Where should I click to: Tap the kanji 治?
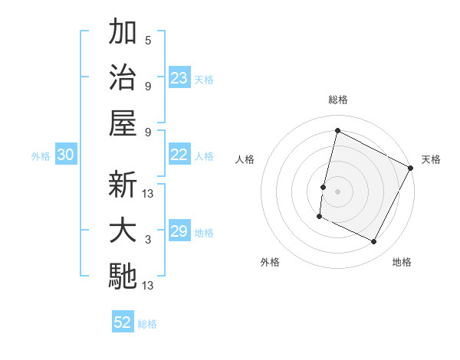click(x=123, y=77)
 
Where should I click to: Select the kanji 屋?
click(x=123, y=122)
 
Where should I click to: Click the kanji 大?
click(x=123, y=231)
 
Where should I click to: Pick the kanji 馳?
click(x=123, y=276)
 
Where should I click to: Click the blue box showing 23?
click(x=179, y=77)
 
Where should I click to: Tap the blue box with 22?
click(x=179, y=155)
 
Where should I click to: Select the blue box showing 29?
click(x=179, y=231)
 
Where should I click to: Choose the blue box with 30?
click(x=65, y=155)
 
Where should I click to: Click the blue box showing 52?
click(x=123, y=322)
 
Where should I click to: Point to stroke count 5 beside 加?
click(x=147, y=40)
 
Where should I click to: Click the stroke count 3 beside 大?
click(x=147, y=240)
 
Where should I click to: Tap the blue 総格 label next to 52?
click(x=147, y=324)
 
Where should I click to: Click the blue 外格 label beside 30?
click(x=41, y=156)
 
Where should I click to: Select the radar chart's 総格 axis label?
click(x=337, y=100)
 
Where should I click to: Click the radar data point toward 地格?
click(x=374, y=242)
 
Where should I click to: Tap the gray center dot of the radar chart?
click(x=337, y=191)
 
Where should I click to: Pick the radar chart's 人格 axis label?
click(x=245, y=159)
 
